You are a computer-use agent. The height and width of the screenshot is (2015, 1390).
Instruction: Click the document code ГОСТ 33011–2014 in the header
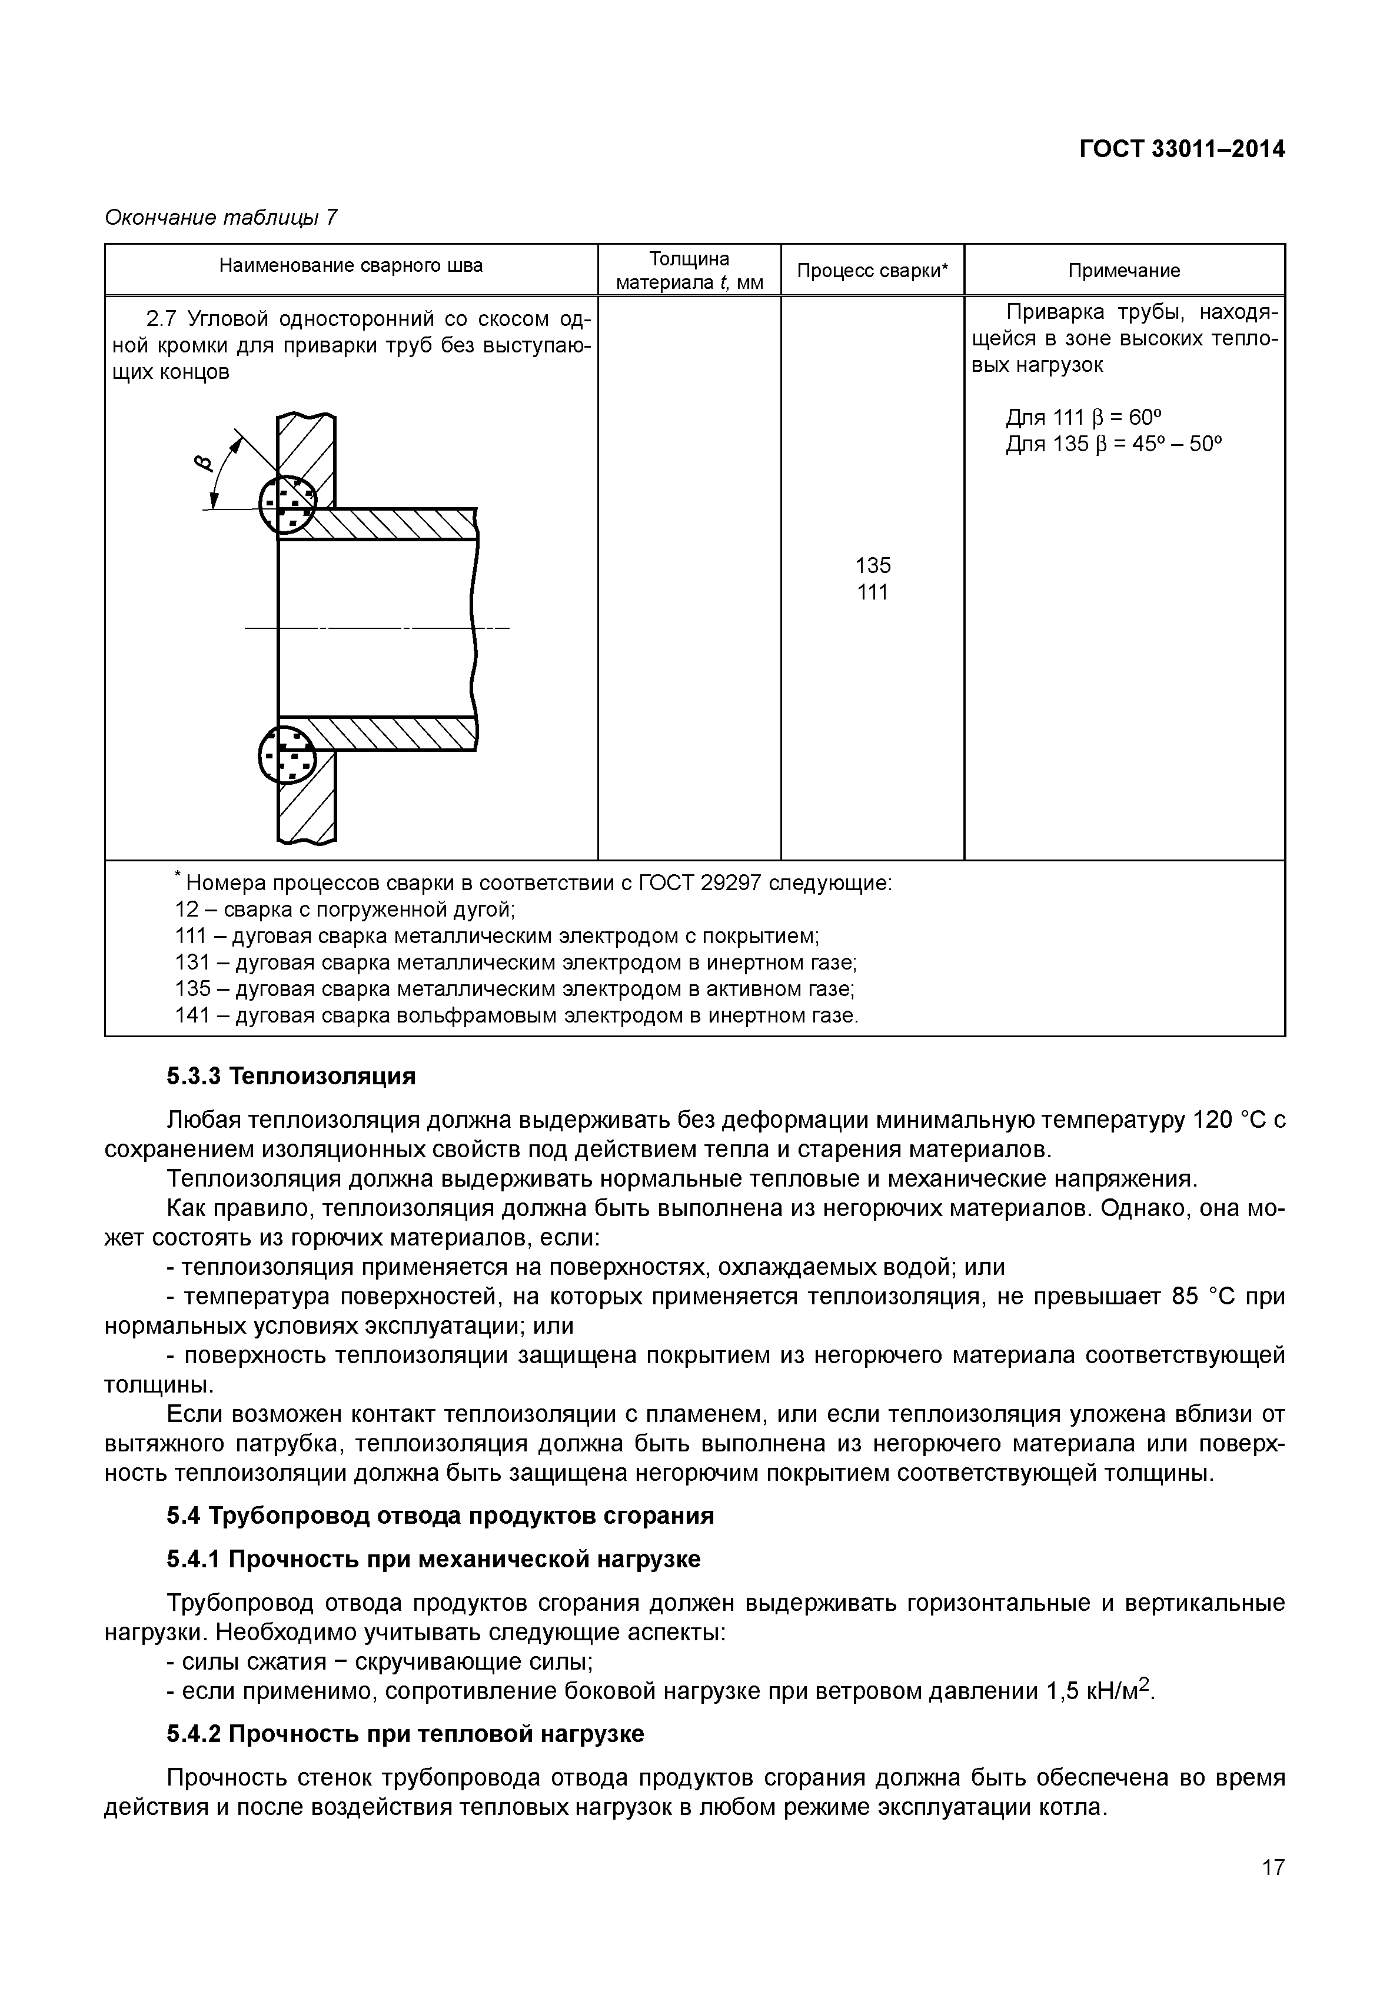(x=1182, y=150)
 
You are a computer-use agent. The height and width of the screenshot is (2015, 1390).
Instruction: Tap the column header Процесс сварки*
(x=873, y=271)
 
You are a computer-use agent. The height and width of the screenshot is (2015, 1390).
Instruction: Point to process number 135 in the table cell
(x=873, y=566)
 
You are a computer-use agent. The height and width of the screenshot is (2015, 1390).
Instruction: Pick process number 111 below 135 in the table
(x=873, y=593)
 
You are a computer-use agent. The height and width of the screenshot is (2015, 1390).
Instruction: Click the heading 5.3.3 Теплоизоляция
(x=291, y=1076)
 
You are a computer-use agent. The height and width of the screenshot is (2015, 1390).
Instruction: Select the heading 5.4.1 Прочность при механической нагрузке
(x=433, y=1558)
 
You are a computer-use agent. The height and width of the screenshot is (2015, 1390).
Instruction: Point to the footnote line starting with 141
(x=517, y=1015)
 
